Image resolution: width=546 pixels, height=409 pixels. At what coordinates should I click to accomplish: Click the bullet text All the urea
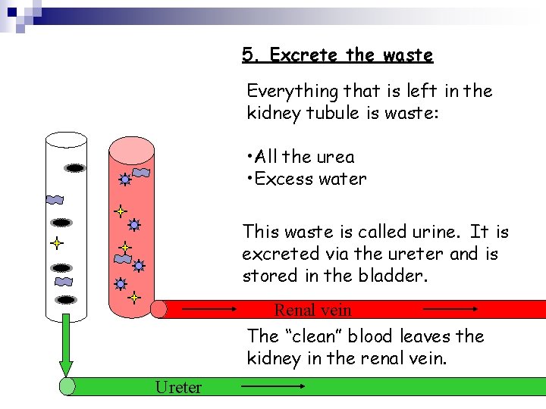tap(300, 157)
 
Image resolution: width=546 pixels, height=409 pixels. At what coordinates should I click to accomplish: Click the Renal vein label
tap(312, 310)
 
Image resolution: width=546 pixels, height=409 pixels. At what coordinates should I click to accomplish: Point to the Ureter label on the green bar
tap(178, 387)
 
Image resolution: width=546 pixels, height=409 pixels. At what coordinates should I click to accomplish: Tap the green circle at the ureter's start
tap(67, 387)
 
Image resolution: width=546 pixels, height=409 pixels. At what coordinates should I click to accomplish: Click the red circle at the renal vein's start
tap(158, 309)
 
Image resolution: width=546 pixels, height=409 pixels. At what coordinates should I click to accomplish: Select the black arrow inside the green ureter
tap(273, 387)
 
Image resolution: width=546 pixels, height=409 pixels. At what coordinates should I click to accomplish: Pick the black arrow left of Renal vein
tap(209, 309)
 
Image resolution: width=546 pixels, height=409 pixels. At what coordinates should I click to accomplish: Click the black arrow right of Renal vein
tap(450, 309)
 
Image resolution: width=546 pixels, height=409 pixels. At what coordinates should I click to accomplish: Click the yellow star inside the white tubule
tap(56, 244)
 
